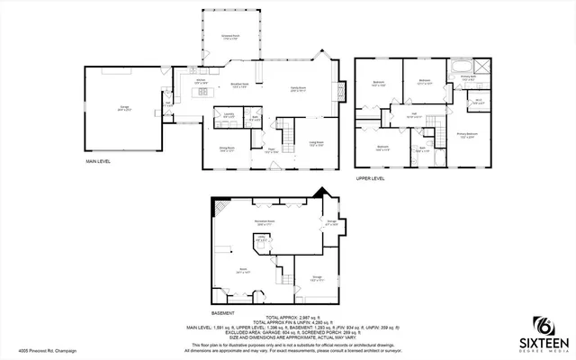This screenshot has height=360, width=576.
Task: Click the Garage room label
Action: point(123,108)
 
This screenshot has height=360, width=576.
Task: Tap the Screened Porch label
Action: point(229,37)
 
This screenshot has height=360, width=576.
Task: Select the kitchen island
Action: point(203,91)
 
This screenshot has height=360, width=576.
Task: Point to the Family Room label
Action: point(298,88)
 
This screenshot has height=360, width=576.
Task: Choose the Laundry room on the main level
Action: point(229,116)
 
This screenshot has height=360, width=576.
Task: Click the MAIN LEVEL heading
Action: point(98,162)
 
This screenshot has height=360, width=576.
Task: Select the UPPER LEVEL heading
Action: point(370,179)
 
